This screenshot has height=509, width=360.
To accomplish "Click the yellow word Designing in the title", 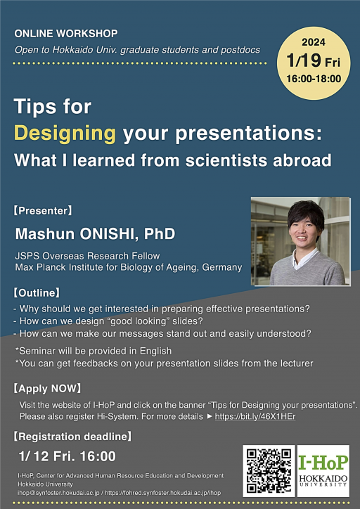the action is click(65, 134).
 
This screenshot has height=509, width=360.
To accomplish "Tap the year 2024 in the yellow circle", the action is click(314, 42).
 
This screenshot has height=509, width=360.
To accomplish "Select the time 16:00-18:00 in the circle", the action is click(314, 79).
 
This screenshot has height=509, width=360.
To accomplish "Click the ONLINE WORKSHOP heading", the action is click(66, 33).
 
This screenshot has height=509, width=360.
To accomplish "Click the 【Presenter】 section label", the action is click(43, 211).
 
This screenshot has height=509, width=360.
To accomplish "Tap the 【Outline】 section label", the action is click(37, 293).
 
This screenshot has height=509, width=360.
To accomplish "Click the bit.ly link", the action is click(255, 416).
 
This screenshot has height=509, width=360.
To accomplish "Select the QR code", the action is click(269, 471).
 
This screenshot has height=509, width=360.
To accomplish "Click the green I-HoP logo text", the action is click(323, 462).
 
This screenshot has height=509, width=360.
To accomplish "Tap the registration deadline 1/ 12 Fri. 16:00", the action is click(67, 456).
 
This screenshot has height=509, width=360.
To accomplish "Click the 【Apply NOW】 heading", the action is click(47, 389).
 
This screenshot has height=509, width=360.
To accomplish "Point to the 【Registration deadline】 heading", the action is click(72, 437).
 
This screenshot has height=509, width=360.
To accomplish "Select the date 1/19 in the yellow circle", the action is click(304, 61).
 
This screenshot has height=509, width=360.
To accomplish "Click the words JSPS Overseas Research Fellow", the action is click(87, 256).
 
